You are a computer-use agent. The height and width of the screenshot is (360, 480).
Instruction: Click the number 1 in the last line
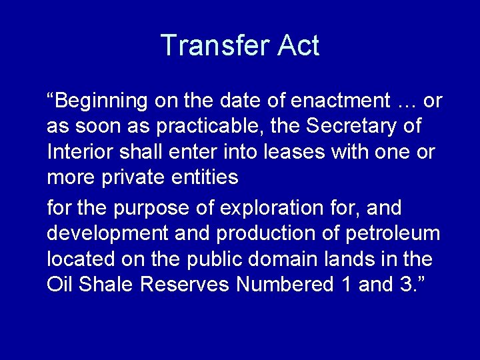(x=346, y=284)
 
